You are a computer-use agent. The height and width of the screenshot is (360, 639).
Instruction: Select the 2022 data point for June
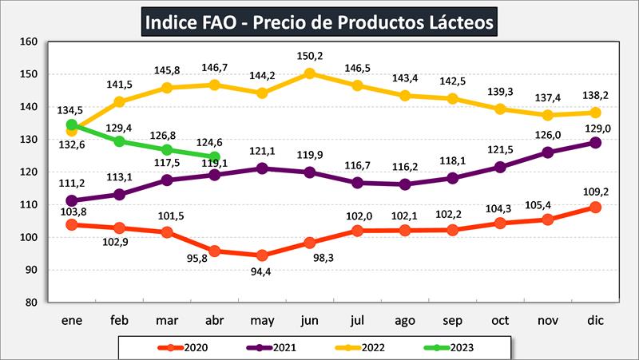[x=309, y=73]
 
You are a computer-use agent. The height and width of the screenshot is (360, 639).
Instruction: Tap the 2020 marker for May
[x=262, y=255]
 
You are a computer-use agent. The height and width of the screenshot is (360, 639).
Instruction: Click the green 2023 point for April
[x=215, y=156]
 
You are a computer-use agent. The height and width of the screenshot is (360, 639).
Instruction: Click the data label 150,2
[x=309, y=57]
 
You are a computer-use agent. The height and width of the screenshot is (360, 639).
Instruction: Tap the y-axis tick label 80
[x=31, y=303]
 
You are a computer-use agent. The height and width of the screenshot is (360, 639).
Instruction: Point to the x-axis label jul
[x=356, y=321]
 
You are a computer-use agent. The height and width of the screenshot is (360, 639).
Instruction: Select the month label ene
[x=73, y=321]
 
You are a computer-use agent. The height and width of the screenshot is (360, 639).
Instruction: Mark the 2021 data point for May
[x=262, y=168]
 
